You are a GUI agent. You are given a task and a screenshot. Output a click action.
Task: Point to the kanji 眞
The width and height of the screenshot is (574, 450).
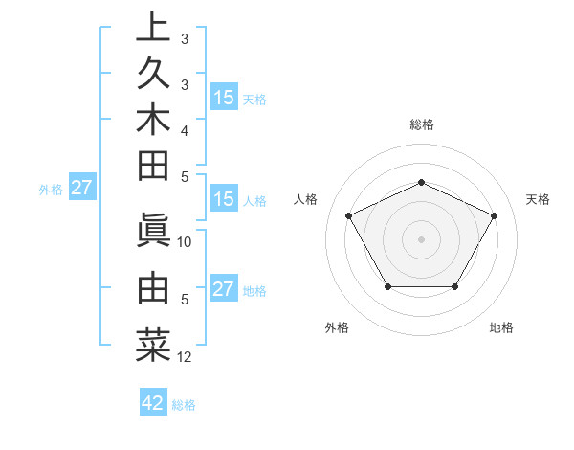coord(153,230)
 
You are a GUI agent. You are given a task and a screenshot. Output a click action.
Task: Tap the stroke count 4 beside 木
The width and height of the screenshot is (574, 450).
coord(185,129)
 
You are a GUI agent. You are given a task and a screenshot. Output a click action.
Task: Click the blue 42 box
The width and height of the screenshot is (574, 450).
coord(153,403)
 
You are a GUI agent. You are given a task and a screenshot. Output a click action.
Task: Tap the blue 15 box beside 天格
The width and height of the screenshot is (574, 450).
coord(224,97)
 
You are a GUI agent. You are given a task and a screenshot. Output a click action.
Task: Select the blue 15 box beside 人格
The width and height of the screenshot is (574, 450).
coord(224,200)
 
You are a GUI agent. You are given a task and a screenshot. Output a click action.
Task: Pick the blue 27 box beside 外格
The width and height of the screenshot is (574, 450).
coord(81,188)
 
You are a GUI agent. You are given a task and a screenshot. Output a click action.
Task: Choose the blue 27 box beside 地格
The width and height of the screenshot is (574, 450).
coord(224,289)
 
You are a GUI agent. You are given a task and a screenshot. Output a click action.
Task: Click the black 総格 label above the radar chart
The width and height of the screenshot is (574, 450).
coord(421,124)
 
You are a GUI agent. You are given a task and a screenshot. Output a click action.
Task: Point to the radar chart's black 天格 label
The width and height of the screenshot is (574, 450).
coord(538,199)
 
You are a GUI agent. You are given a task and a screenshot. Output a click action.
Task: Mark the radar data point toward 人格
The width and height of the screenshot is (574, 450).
coord(348,214)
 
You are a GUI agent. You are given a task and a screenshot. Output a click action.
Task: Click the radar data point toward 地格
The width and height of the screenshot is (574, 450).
coord(455,286)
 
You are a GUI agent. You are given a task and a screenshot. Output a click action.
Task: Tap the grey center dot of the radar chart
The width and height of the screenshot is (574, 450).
coord(421,238)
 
